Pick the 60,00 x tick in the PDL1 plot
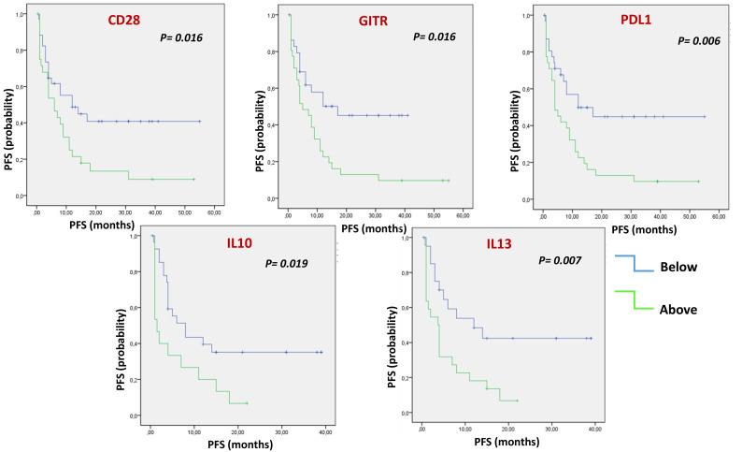click(719, 216)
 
